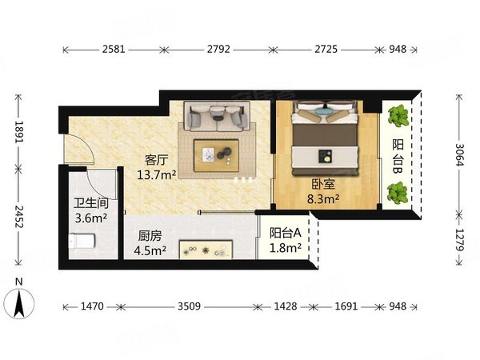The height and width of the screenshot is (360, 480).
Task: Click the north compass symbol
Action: pos(20,302)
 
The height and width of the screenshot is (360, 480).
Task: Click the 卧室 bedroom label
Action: pos(324,182)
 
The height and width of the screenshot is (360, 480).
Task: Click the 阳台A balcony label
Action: pos(285,234)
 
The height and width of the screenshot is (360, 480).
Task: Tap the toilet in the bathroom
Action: pos(81,240)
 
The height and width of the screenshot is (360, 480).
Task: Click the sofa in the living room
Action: pos(215,118)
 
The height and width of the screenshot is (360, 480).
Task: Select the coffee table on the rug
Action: pos(217,152)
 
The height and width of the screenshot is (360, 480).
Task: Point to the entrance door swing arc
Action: pos(76,150)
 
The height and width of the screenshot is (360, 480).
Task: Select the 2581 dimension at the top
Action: pos(114,50)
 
